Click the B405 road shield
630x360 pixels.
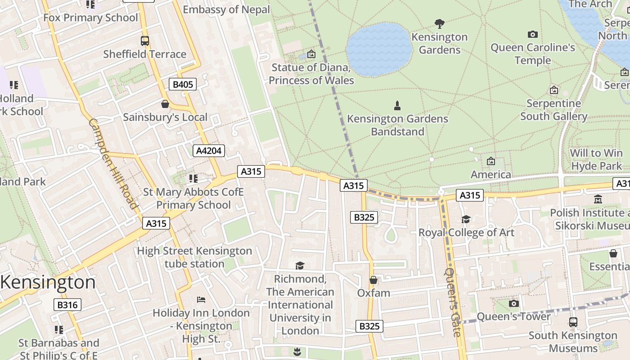click(x=183, y=84)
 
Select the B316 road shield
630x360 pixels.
click(x=67, y=305)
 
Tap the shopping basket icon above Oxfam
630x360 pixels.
click(x=373, y=280)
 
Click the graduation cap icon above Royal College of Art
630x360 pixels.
click(x=466, y=219)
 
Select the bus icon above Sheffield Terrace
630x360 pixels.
click(x=144, y=41)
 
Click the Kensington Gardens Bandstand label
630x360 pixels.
click(x=397, y=125)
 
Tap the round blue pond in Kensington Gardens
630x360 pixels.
click(x=379, y=49)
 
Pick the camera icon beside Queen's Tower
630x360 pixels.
click(x=513, y=304)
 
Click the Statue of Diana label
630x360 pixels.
click(x=311, y=74)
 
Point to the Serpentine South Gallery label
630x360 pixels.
click(x=553, y=110)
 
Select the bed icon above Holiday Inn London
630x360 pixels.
click(x=201, y=300)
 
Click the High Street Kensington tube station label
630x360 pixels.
click(x=194, y=257)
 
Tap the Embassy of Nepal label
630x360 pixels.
click(x=226, y=9)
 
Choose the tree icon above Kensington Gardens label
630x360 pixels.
click(x=440, y=23)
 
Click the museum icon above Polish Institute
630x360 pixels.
click(x=598, y=199)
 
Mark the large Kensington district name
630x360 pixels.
click(x=48, y=283)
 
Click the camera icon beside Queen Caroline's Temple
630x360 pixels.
click(x=532, y=35)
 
